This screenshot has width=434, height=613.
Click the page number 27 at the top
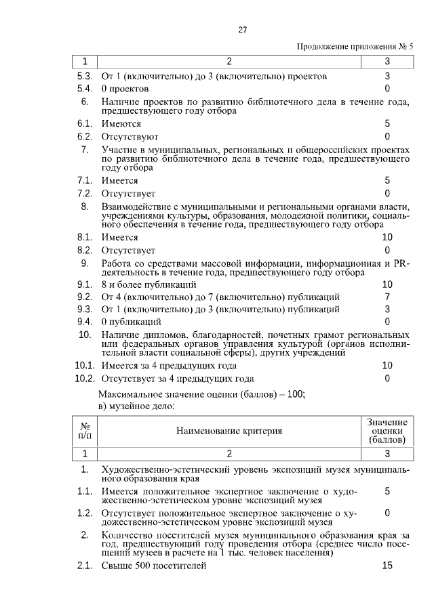(x=242, y=30)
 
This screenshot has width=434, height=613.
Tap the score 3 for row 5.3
(x=387, y=77)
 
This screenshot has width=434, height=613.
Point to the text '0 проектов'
(x=125, y=89)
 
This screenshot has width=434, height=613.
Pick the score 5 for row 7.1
(x=387, y=181)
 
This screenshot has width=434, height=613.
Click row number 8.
(x=85, y=206)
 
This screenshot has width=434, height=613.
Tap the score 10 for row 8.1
(x=387, y=238)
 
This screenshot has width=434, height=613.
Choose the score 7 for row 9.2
(x=387, y=297)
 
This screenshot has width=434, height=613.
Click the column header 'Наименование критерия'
(x=229, y=431)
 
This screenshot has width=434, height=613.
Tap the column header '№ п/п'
(x=85, y=431)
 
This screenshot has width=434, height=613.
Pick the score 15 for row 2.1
(x=387, y=566)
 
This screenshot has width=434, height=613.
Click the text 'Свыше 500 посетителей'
(x=153, y=566)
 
